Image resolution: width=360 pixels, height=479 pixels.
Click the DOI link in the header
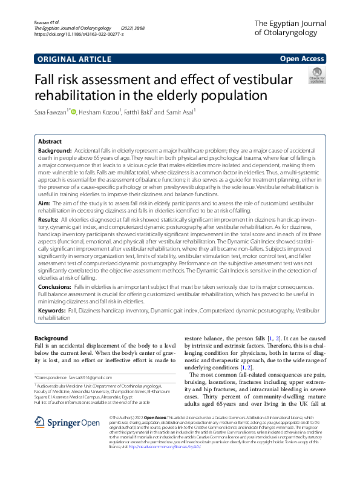[x=79, y=35]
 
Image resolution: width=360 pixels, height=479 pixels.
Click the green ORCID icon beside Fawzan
[x=74, y=112]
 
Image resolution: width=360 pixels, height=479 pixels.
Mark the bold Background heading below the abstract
[x=51, y=338]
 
